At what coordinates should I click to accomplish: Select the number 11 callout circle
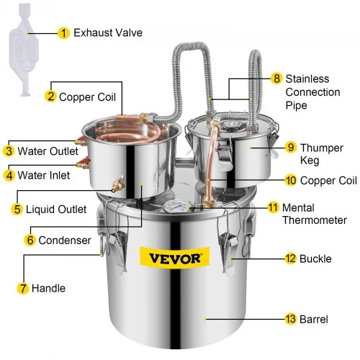(272, 208)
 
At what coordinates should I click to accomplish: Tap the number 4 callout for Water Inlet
(9, 174)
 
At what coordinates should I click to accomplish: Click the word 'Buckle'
(318, 257)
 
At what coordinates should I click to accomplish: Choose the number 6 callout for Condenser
(30, 240)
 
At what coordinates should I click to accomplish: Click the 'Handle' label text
(51, 289)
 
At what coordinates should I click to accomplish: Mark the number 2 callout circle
(51, 96)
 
